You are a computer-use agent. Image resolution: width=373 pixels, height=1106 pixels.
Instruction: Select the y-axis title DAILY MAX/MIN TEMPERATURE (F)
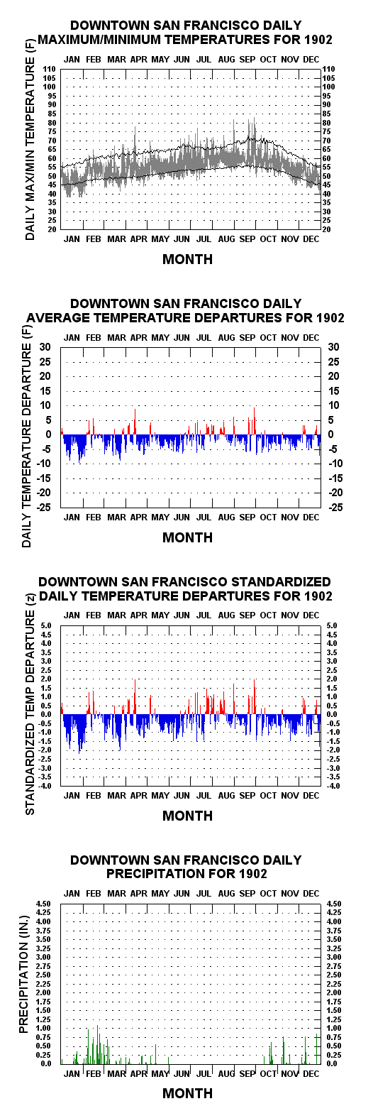30,139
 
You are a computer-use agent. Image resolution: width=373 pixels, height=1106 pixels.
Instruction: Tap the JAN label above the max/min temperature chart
72,60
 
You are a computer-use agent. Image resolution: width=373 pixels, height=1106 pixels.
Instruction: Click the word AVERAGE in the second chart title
55,317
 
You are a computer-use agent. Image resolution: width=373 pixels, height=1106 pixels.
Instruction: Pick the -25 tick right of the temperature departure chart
335,507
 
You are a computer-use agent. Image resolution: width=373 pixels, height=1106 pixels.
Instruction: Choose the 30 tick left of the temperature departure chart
46,346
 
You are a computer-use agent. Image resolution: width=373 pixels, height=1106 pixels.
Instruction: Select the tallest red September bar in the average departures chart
254,421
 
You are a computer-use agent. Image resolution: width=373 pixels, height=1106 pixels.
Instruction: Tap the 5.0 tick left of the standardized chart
47,625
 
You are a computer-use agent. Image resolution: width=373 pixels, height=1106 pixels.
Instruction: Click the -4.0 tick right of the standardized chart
332,786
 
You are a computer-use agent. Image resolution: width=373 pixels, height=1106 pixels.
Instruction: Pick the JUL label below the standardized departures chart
204,796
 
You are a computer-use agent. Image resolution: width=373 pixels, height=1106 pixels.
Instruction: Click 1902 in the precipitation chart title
252,873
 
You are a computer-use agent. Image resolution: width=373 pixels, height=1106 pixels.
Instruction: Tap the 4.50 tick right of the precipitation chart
333,904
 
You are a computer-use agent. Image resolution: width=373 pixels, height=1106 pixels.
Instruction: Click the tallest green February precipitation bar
98,1045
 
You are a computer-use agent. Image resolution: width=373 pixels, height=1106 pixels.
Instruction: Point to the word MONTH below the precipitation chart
187,1093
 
